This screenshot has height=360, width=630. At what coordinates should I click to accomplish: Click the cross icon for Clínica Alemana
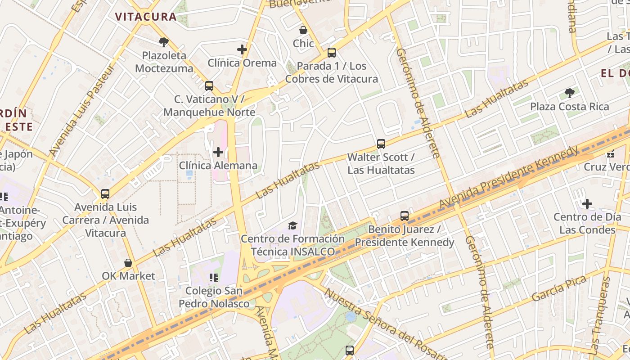coord(218,152)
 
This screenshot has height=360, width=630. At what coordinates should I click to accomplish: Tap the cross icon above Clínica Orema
coord(242,49)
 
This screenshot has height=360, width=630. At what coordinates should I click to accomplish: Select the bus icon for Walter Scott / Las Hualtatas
coord(381,144)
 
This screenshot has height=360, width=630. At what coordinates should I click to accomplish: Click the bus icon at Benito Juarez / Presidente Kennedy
coord(405,216)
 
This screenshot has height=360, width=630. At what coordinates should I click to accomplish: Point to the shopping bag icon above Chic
coord(303,30)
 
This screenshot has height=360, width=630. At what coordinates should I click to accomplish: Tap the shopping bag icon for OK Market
coord(128,263)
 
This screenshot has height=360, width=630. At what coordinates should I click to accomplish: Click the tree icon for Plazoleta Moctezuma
coord(164,42)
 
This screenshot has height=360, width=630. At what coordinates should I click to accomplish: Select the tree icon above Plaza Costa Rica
coord(569,93)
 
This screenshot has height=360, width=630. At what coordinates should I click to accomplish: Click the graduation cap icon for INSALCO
coord(293,225)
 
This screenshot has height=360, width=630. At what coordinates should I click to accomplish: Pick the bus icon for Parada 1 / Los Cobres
coord(332,53)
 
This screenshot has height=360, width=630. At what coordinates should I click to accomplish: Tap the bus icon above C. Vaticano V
coord(209,86)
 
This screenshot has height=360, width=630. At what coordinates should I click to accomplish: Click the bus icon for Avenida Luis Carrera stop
coord(105,194)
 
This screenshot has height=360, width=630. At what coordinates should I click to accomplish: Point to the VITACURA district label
coord(145,17)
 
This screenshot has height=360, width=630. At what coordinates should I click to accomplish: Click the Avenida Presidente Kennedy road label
coord(508,177)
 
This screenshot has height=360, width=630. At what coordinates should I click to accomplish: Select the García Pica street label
coord(559,289)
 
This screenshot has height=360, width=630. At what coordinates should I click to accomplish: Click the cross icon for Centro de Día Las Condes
coord(587,204)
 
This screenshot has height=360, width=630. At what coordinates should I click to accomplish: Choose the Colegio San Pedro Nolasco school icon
coord(214,278)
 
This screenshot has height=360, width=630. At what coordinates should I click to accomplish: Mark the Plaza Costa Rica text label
coord(569,107)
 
